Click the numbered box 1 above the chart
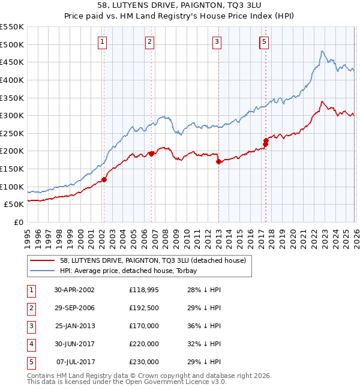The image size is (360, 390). point(103,41)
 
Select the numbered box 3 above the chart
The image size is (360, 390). point(217,41)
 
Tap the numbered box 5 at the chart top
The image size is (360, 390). point(265,41)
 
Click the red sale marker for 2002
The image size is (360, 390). point(104,179)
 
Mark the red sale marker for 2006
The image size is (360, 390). point(152,154)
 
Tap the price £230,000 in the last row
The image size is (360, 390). point(143,362)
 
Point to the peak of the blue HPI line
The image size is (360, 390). point(322,51)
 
